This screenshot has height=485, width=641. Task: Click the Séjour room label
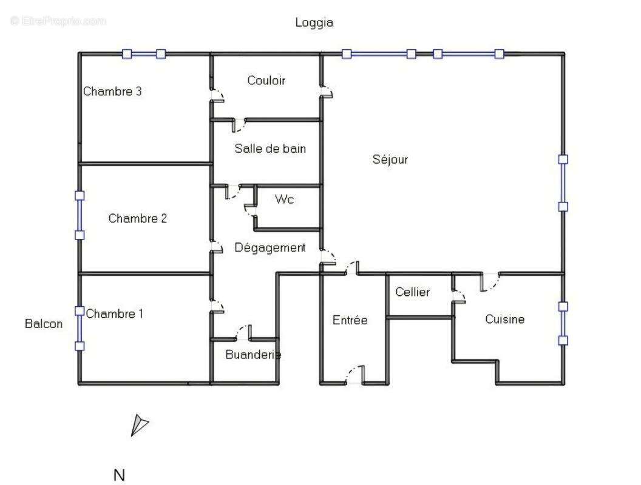[x=390, y=160]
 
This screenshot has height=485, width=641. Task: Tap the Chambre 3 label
[x=112, y=92]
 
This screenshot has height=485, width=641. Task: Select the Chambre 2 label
[x=137, y=219]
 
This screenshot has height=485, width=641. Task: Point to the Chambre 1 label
[x=115, y=314]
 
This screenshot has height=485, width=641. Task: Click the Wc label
[x=285, y=199]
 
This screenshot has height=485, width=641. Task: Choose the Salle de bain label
[x=270, y=149]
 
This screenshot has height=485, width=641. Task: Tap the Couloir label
[x=266, y=81]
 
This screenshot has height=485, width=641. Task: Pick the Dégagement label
[x=270, y=248]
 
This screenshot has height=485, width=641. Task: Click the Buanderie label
[x=253, y=355]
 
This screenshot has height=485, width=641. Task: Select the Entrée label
[x=350, y=320]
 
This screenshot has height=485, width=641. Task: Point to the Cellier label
[x=413, y=292]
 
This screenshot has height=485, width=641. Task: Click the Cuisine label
[x=504, y=319]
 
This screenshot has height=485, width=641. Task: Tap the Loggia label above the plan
[x=314, y=23]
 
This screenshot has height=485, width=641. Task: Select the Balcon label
[x=44, y=324]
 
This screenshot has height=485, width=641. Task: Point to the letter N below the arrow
[x=119, y=475]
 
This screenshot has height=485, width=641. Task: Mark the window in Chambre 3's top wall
[x=143, y=54]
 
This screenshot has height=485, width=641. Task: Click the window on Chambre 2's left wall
[x=80, y=215]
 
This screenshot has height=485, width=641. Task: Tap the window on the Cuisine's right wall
[x=563, y=324]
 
